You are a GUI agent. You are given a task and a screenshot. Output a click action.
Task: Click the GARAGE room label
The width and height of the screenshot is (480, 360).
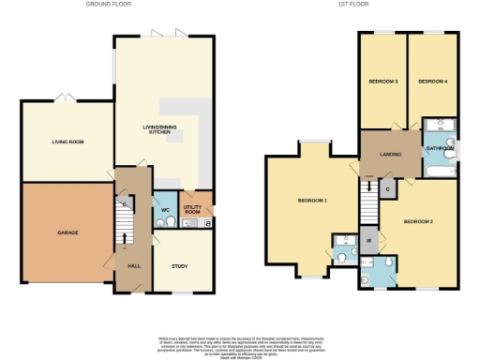(x=67, y=232)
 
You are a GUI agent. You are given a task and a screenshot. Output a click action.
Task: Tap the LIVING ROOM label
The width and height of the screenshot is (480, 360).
(x=67, y=142)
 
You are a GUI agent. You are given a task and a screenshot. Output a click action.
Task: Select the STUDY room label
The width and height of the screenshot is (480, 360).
(x=179, y=266)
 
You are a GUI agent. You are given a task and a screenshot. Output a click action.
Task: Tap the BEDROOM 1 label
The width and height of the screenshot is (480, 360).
(x=312, y=201)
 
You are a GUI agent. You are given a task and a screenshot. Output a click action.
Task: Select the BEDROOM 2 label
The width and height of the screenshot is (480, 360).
(x=418, y=221)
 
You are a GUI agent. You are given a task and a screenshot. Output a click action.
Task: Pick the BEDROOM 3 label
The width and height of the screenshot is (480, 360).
(x=383, y=82)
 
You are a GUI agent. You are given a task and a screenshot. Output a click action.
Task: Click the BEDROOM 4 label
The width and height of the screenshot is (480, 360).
(x=432, y=82)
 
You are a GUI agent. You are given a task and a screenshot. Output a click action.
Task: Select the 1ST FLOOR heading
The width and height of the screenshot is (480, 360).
(x=352, y=5)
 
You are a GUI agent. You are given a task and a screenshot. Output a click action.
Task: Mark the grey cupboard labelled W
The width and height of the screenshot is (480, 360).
(x=369, y=241)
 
